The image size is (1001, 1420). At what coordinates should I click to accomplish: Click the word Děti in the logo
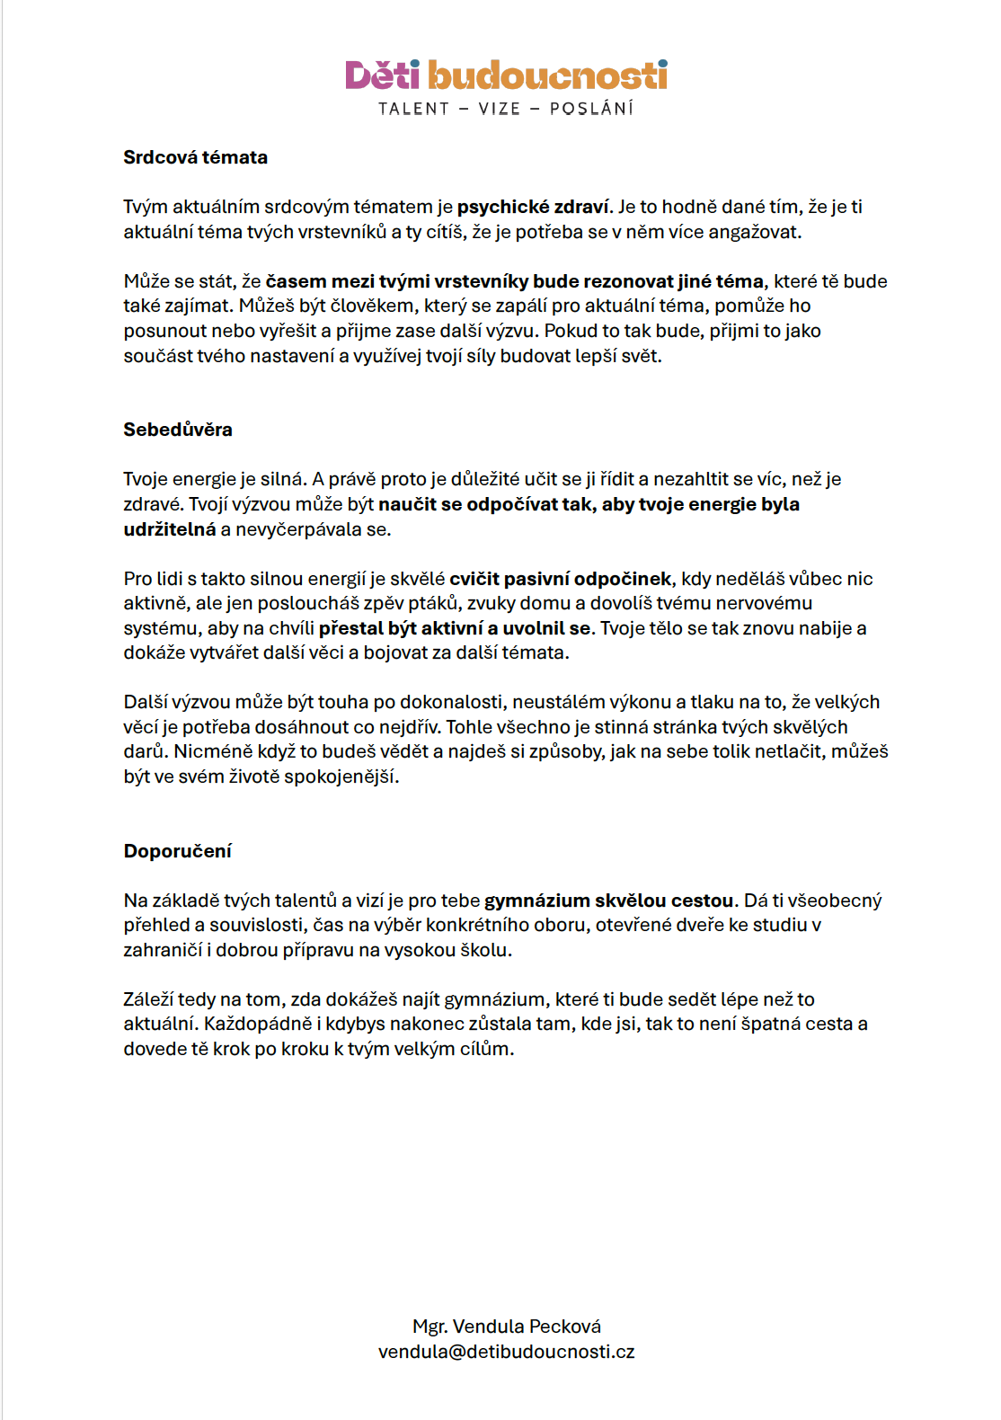382,75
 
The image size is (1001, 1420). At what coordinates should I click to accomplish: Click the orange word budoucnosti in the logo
547,75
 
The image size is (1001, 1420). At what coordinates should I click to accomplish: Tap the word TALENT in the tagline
413,109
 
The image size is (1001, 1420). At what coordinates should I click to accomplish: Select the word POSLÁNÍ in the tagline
591,109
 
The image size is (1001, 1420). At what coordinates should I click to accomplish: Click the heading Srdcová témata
195,157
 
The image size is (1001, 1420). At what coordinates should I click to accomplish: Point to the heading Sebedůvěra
177,430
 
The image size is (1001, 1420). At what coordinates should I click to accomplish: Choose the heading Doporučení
177,851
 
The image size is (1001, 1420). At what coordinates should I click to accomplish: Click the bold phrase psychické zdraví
533,207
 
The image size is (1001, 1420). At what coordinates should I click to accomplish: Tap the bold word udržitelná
170,529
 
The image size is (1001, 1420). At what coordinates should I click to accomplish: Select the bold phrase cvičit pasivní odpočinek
561,579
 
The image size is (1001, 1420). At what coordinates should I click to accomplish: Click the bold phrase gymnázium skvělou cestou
609,901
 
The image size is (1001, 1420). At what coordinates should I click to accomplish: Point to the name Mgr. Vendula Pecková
507,1327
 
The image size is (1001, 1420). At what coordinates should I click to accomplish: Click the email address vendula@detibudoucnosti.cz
507,1352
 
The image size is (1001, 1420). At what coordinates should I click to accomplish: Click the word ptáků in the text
435,603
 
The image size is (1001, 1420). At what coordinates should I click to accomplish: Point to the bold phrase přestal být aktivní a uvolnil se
455,628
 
